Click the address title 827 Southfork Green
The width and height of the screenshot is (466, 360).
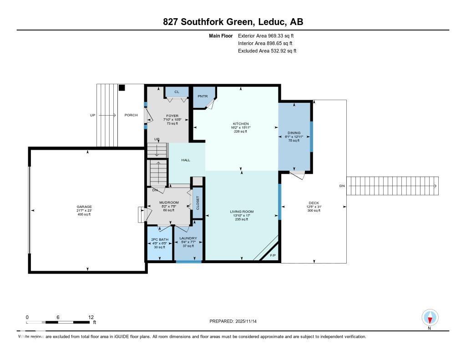[233, 22]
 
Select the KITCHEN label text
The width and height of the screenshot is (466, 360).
[241, 124]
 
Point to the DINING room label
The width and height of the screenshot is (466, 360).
[294, 133]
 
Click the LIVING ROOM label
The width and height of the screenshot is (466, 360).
[242, 212]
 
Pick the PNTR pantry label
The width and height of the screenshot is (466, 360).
[202, 96]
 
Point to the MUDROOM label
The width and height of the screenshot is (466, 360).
[168, 203]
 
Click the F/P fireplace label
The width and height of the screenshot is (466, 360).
[273, 256]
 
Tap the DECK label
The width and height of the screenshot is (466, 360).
[314, 203]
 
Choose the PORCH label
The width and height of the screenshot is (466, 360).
[131, 115]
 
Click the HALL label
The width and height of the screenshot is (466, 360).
[186, 160]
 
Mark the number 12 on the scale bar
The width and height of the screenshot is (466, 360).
[91, 317]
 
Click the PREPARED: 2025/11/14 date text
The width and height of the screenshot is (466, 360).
[236, 321]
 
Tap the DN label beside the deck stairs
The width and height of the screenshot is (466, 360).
[342, 186]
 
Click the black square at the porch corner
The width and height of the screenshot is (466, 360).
[122, 88]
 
